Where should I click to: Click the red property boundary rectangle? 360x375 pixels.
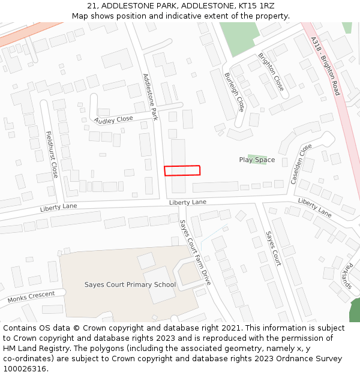(x=182, y=170)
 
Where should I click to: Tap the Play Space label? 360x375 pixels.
(x=257, y=160)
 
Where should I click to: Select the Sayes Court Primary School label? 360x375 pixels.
(x=130, y=285)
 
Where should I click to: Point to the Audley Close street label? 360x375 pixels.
(x=113, y=119)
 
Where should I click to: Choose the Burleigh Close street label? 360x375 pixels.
(x=234, y=92)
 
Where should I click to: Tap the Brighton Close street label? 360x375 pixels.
(x=271, y=72)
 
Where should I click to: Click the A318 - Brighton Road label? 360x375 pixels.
(x=326, y=66)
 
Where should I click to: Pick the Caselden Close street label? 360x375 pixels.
(x=301, y=164)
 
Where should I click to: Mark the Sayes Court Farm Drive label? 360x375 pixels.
(x=196, y=252)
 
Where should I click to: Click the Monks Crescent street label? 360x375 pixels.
(x=31, y=297)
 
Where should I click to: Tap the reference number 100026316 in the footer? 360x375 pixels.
(x=25, y=369)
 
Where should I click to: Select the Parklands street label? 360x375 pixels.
(x=346, y=275)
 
